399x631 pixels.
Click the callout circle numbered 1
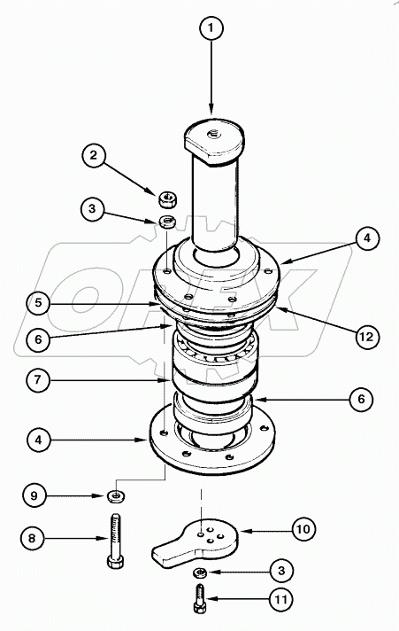[x=211, y=30]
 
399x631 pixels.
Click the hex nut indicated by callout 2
[x=165, y=197]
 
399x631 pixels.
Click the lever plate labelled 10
[x=199, y=541]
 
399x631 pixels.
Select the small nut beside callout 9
[x=115, y=494]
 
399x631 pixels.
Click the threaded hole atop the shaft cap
[x=213, y=133]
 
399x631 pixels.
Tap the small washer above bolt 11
[x=202, y=573]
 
